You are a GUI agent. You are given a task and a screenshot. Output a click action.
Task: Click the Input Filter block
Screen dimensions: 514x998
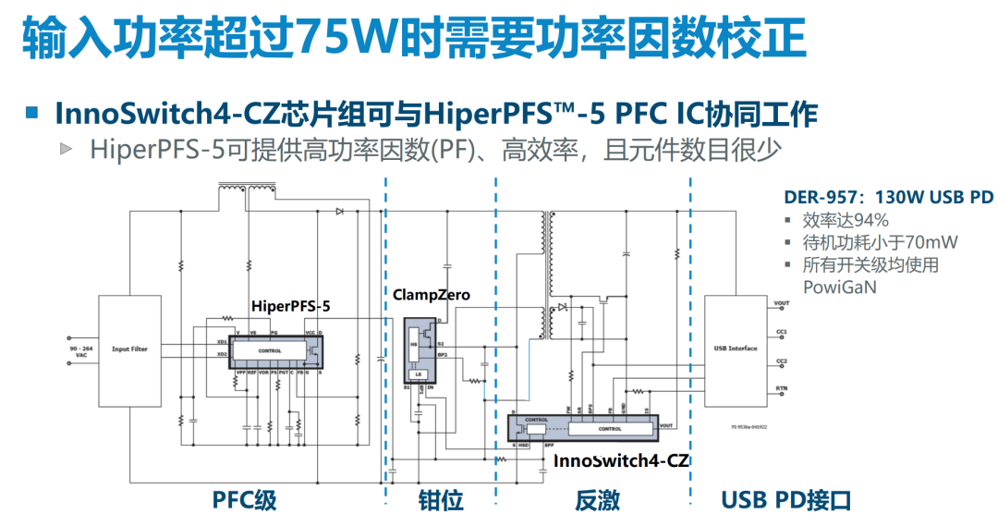[x=129, y=349]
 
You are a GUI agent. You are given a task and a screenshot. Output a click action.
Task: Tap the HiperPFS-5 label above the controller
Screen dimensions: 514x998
[x=290, y=304]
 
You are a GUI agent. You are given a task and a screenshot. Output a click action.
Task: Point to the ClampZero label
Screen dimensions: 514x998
[x=431, y=295]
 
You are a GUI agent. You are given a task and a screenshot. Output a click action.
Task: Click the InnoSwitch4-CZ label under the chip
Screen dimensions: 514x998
[x=622, y=459]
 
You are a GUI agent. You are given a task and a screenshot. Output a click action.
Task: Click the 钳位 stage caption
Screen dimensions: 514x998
[x=435, y=499]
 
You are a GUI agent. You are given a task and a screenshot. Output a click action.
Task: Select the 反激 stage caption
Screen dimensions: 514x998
[x=597, y=499]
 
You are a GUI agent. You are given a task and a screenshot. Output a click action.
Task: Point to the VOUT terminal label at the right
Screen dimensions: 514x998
[x=782, y=303]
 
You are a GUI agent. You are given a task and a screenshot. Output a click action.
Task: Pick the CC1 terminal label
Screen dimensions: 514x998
[x=782, y=330]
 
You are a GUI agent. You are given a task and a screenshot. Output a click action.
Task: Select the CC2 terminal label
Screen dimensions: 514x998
[x=782, y=361]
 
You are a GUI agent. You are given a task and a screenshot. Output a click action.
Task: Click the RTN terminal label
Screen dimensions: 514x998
[x=782, y=389]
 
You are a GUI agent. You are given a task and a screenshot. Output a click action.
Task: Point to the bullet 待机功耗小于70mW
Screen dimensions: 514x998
[x=880, y=242]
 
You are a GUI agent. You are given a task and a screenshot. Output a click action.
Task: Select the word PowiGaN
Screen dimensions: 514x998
[x=839, y=287]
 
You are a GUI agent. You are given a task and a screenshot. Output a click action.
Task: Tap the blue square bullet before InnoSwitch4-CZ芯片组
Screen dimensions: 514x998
[x=32, y=113]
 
